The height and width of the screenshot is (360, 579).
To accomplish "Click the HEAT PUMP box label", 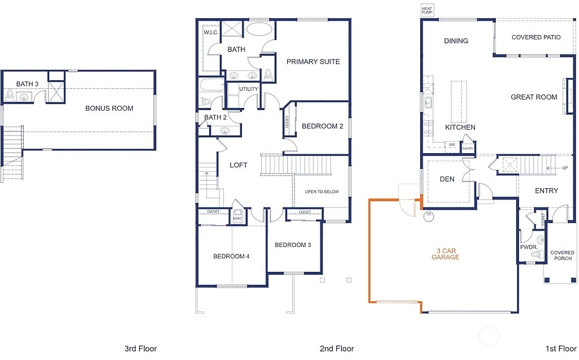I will [x=426, y=10].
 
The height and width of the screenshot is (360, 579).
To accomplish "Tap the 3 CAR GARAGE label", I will [x=446, y=254].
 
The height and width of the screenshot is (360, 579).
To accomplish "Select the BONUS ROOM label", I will [x=109, y=108].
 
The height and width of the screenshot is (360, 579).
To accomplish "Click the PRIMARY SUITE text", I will [x=313, y=62].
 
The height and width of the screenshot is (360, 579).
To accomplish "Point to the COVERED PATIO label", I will [x=535, y=37].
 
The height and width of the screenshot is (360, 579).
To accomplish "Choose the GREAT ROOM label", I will [x=534, y=97].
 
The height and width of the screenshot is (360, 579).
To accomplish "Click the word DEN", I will [x=447, y=180].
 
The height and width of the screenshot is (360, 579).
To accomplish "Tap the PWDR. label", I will [x=528, y=247].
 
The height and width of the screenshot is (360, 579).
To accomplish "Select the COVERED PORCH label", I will [x=562, y=255].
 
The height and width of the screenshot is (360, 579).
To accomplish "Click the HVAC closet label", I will [x=237, y=219].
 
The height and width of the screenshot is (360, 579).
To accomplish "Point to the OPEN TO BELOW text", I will [x=322, y=192].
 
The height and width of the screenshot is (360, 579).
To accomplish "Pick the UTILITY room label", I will [x=248, y=89].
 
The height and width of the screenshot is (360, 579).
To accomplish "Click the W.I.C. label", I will [x=210, y=32].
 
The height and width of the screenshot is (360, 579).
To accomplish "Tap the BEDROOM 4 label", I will [x=231, y=257].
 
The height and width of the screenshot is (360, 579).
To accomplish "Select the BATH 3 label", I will [x=27, y=84].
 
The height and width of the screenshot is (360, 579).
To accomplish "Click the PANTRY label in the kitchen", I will [x=467, y=149].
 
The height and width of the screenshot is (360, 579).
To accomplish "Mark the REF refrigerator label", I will [x=452, y=145].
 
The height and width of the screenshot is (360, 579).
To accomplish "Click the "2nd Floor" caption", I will [x=337, y=349].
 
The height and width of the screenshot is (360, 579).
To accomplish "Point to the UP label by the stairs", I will [x=565, y=168].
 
